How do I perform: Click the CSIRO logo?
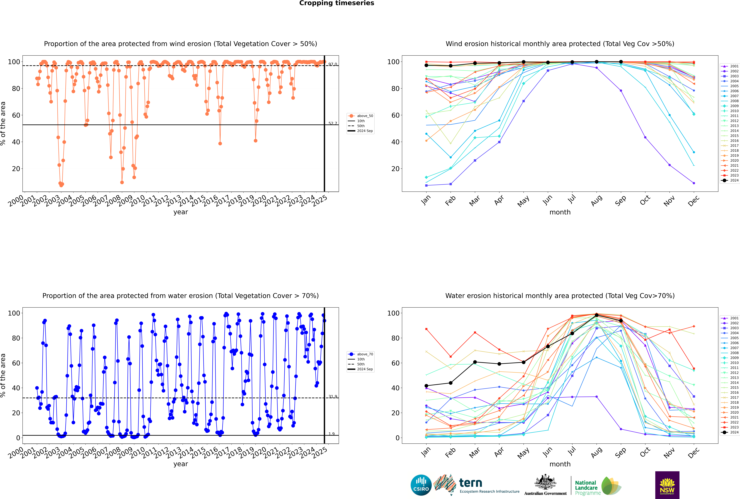point(421,485)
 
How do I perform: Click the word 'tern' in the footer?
point(471,483)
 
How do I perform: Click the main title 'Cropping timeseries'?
point(337,3)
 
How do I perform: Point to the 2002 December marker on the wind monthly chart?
point(694,183)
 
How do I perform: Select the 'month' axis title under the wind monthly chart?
point(560,212)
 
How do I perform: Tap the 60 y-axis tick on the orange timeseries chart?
point(16,115)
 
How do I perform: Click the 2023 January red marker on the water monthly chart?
point(426,329)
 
